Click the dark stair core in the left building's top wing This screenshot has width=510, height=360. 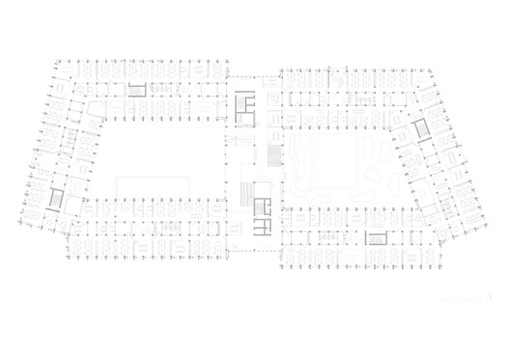pos(138,88)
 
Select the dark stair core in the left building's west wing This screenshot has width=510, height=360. pos(55,200)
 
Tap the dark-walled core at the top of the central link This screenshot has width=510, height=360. pos(244,104)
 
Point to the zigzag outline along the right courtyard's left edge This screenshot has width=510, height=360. pos(300,169)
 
